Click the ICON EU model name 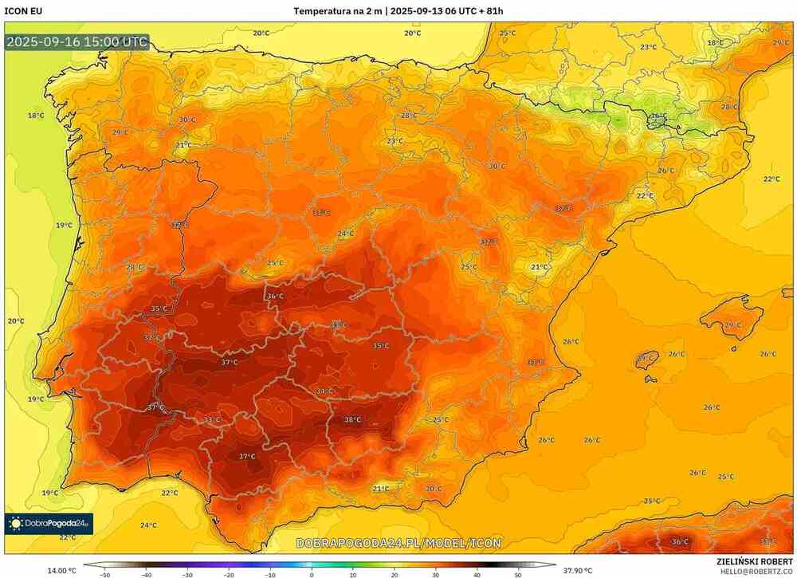tap(23, 11)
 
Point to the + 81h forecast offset tap(488, 11)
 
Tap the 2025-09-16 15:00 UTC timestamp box tap(77, 42)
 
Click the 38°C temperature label tap(352, 420)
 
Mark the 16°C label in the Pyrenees tap(658, 116)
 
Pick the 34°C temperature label tap(324, 391)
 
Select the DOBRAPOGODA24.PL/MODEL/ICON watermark tap(398, 543)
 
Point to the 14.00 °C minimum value tap(62, 570)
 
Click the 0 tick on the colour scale tap(312, 574)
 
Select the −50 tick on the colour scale tap(104, 574)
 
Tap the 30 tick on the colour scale tap(436, 574)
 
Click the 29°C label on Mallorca tap(732, 325)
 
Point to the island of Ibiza tap(647, 359)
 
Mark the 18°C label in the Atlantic tap(36, 116)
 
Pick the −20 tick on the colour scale tap(229, 574)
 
